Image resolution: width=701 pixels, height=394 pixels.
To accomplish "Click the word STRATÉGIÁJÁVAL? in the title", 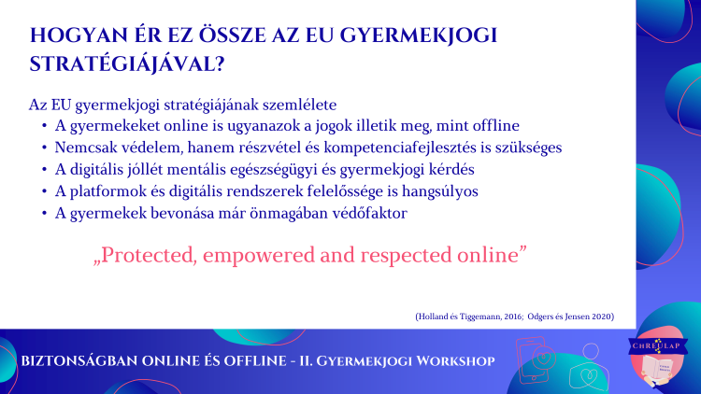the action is (x=127, y=64).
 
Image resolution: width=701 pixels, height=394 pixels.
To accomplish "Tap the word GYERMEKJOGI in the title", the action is (x=419, y=35).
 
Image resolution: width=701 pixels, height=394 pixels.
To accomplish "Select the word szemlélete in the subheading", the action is (x=299, y=105).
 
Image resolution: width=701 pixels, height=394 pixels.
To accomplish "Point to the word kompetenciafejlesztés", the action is (x=400, y=148).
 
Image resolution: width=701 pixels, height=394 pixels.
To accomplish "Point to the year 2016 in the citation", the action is (x=513, y=317).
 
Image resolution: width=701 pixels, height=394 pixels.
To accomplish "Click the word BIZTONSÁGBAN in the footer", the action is (x=79, y=361).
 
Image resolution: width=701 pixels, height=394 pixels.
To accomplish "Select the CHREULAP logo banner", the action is (x=658, y=345).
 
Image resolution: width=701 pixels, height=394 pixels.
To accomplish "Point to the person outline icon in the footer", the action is (x=589, y=367).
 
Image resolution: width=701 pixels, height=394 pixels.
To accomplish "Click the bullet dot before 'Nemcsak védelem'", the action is (x=44, y=148).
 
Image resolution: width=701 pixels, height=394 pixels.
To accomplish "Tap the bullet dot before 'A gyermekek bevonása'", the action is (x=44, y=213).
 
